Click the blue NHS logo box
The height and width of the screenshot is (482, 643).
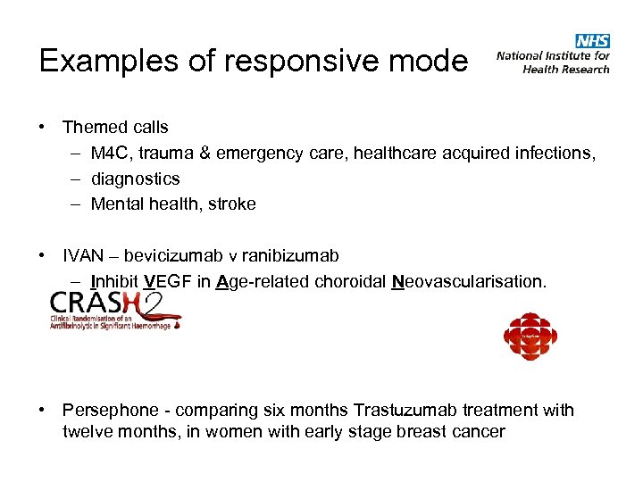(x=593, y=41)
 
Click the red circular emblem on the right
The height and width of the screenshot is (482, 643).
(x=530, y=337)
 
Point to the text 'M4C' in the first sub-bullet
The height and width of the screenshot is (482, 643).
(x=111, y=154)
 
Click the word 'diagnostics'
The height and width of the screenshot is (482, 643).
(x=135, y=179)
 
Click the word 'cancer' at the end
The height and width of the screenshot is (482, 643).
(x=477, y=432)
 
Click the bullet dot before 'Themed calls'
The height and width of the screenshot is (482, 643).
(x=43, y=128)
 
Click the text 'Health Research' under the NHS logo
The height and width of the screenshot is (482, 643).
(x=566, y=69)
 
